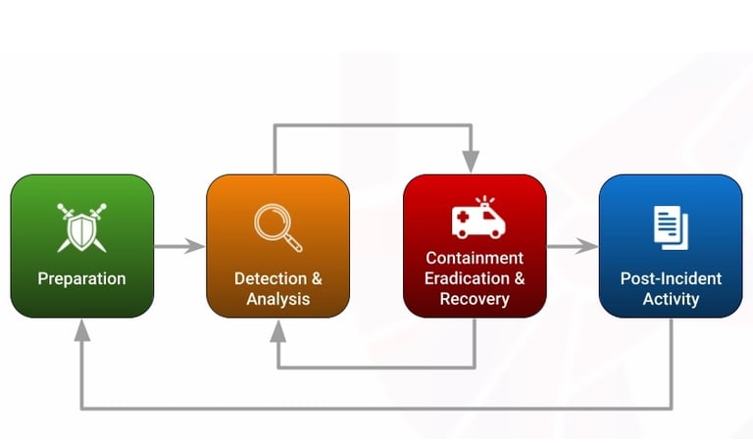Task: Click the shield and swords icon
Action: coord(81,224)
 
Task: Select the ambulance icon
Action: coord(477,221)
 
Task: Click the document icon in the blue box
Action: coord(671,225)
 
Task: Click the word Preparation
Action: coord(81,278)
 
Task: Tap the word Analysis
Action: coord(278,299)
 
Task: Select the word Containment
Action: coord(475,258)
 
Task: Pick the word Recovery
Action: coord(475,299)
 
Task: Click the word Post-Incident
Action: coord(671,278)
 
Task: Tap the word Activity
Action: coord(671,299)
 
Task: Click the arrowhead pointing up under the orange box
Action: coord(278,329)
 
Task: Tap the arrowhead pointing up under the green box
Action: coord(82,329)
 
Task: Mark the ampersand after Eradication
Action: coord(519,278)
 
